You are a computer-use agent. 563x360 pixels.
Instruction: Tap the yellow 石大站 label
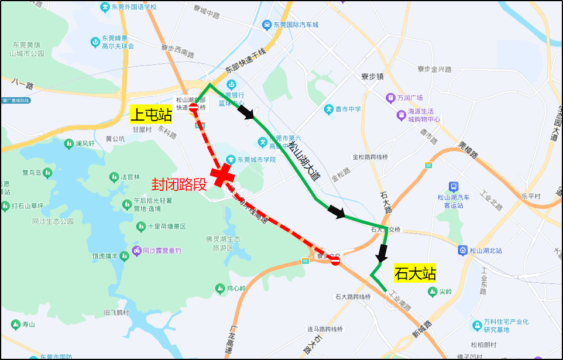416,273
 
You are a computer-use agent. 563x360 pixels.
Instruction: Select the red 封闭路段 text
179,185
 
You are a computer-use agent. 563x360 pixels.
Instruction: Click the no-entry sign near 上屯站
194,107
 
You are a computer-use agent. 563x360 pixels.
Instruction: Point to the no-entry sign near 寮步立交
335,260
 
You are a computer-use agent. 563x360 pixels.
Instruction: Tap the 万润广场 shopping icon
390,98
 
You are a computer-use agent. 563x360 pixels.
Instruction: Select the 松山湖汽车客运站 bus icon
454,187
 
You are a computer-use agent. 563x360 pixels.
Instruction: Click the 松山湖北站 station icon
462,250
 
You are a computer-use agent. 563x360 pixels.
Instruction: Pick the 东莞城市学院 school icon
232,160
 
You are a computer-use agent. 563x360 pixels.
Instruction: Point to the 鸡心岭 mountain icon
220,288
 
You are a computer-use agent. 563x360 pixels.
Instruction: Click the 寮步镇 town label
372,76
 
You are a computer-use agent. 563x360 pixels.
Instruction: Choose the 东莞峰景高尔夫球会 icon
95,42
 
